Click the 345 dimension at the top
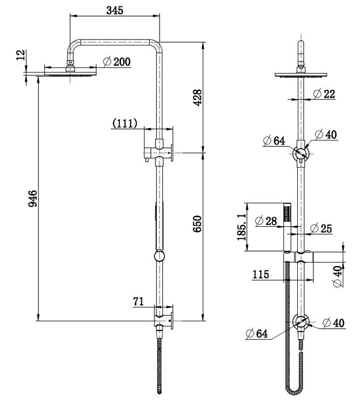coord(115,10)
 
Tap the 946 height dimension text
coord(33,199)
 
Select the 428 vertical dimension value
coord(198,98)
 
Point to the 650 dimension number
coord(198,224)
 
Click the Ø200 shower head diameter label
coord(117,62)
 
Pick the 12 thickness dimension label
coord(21,55)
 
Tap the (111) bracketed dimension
coord(125,123)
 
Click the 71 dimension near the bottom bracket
coord(139,301)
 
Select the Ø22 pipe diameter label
coord(324,93)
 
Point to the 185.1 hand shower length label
coord(242,227)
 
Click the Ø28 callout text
coord(266,221)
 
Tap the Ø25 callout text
coord(321,229)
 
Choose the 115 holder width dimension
coord(261,274)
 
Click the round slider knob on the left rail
coord(159,256)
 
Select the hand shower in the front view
coord(287,227)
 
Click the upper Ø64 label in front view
coord(274,140)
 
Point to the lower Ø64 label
coord(257,333)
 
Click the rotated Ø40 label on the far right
coord(338,277)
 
